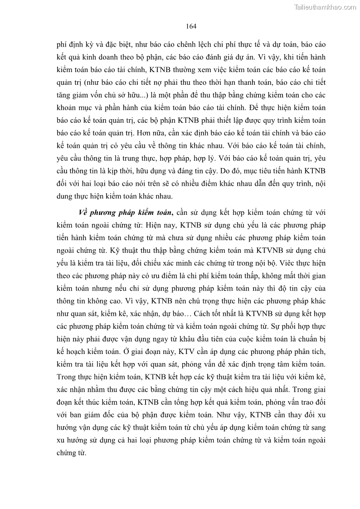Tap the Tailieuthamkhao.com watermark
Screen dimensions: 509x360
point(326,7)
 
